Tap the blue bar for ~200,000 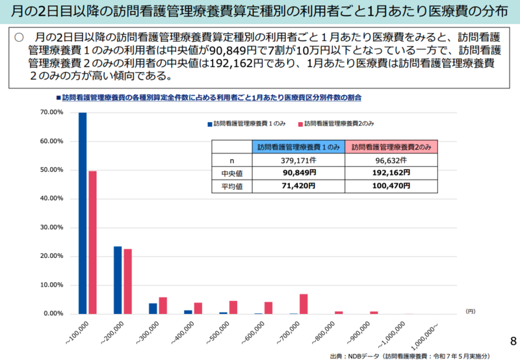[x=118, y=280]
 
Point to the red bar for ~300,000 [x=162, y=305]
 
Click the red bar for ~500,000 [x=233, y=307]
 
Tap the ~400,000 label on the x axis [x=181, y=331]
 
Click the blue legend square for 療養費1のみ [x=209, y=123]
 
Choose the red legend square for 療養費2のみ [x=300, y=123]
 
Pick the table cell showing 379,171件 [x=299, y=160]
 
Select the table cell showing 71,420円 [x=299, y=186]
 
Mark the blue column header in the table [x=299, y=147]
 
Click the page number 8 [x=513, y=341]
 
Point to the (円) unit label [x=470, y=312]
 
